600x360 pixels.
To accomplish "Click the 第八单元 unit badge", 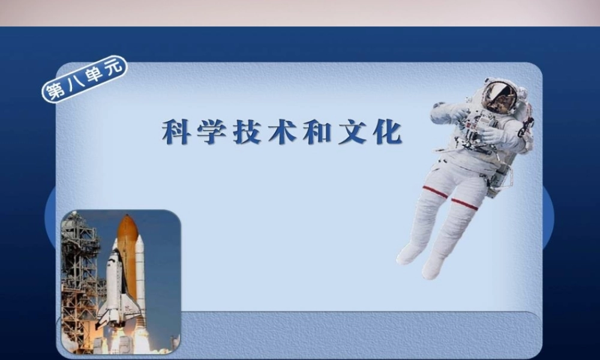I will point(84,80).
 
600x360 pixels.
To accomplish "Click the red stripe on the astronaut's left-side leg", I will point(434,192).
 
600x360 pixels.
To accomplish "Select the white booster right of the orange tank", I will point(140,270).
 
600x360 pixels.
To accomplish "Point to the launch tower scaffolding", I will point(78,270).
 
